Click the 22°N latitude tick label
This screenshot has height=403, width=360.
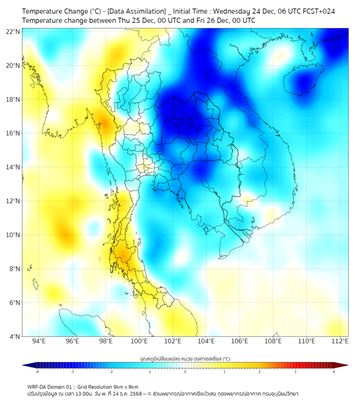pyautogui.click(x=13, y=31)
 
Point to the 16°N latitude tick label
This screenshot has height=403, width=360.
pyautogui.click(x=13, y=133)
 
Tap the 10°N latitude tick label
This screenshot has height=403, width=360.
pyautogui.click(x=13, y=235)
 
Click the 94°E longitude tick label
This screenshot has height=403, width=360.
pyautogui.click(x=38, y=341)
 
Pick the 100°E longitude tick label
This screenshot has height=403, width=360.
pyautogui.click(x=139, y=341)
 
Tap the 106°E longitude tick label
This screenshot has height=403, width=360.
pyautogui.click(x=240, y=341)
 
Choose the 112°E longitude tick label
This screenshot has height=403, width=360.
pyautogui.click(x=340, y=341)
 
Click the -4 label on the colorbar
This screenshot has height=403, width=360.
pyautogui.click(x=37, y=371)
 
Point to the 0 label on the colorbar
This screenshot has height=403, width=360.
pyautogui.click(x=185, y=371)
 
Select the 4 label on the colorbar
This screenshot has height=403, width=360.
pyautogui.click(x=334, y=371)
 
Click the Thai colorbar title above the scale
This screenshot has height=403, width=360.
pyautogui.click(x=185, y=358)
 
